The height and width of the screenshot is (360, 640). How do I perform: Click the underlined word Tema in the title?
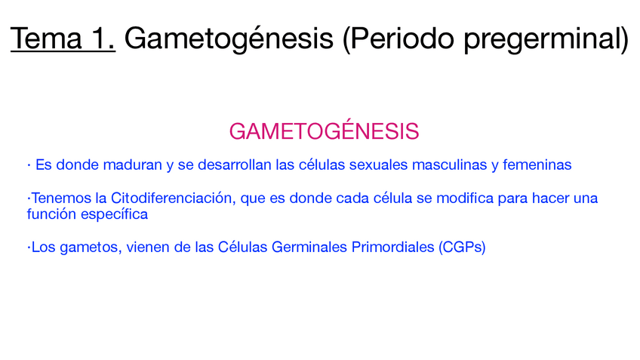coord(46,38)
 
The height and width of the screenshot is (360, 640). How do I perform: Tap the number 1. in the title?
coord(103,38)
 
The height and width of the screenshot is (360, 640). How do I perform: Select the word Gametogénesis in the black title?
coord(229,39)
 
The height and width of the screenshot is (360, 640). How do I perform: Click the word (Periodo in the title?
coord(398,39)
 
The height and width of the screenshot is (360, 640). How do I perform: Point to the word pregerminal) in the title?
coord(546,39)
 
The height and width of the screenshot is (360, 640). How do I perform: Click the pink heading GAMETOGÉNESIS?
coord(324,131)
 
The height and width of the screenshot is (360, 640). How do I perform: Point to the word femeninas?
coord(537,165)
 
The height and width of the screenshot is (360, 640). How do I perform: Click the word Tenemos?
coord(61,198)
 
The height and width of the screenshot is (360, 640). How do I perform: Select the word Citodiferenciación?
coord(174,198)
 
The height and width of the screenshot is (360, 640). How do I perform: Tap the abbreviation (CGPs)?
coord(462,248)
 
